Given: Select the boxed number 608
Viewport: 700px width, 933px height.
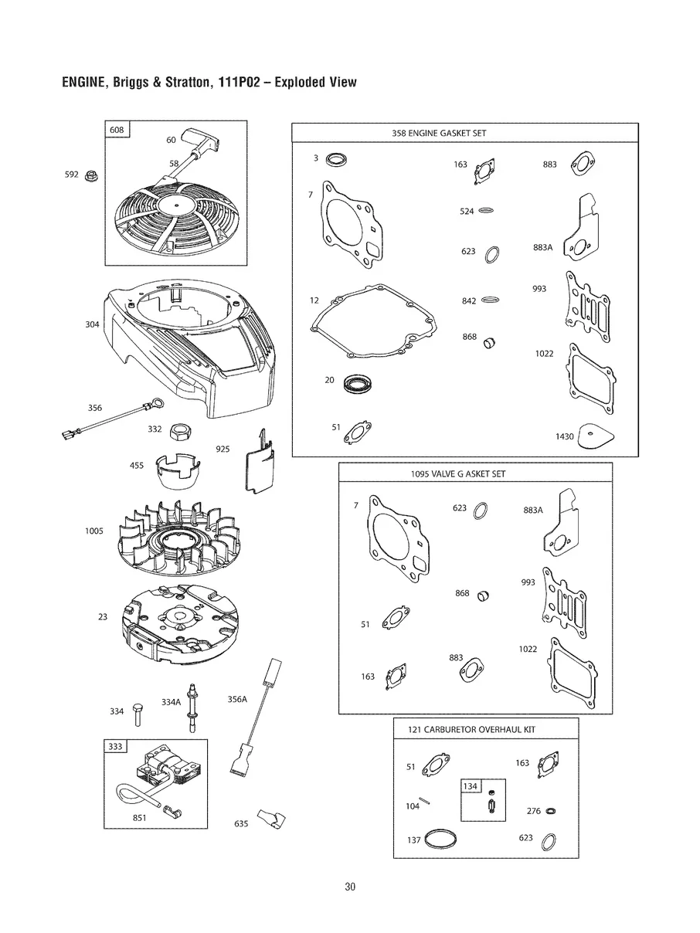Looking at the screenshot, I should [117, 130].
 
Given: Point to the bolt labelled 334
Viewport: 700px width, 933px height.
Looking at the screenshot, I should [137, 714].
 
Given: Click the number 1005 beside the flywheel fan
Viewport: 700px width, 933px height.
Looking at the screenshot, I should [93, 531].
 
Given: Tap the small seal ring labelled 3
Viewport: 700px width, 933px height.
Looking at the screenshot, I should [335, 160].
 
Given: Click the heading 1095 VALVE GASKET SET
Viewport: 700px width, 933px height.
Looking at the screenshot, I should [457, 473].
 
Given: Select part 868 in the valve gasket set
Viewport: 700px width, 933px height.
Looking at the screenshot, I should [485, 595].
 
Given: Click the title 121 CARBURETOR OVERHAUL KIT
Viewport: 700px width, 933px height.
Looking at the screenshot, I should [471, 729].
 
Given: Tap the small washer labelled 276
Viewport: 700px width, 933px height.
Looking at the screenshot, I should [550, 811].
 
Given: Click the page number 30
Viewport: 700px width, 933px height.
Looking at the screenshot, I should [350, 887].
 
